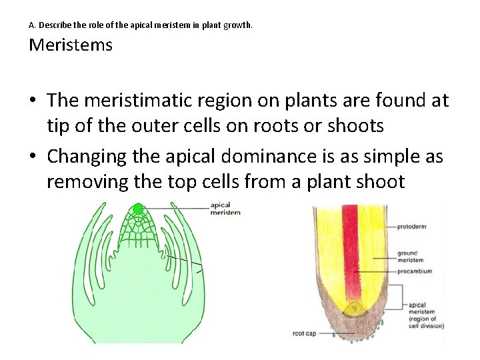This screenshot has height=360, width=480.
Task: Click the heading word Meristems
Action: [71, 45]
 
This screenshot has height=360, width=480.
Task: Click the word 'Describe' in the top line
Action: [52, 25]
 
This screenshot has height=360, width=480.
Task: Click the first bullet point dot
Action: [33, 101]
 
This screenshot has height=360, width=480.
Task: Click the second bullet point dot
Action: [33, 157]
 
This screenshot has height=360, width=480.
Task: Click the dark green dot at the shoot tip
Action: [138, 209]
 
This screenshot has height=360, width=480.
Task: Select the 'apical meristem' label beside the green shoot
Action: [225, 209]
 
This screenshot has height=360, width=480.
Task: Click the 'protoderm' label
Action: [411, 227]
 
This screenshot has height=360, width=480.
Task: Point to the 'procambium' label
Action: [414, 271]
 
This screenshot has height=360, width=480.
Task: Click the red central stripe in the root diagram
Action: [349, 247]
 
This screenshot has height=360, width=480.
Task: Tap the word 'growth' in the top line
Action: [239, 25]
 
